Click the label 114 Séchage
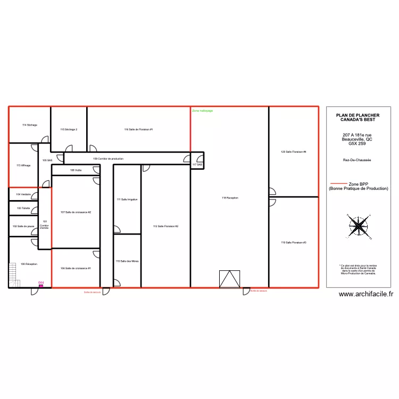click(29, 125)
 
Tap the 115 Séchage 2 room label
click(69, 129)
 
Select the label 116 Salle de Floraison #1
click(138, 129)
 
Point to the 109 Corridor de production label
click(108, 159)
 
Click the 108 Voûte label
click(76, 170)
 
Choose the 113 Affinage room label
click(23, 165)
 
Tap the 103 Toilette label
click(23, 209)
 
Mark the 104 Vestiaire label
click(23, 194)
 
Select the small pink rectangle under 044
click(40, 286)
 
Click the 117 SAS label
click(197, 165)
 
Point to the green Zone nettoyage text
click(202, 111)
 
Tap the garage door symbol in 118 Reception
click(230, 279)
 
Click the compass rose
click(360, 226)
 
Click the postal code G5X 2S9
click(357, 144)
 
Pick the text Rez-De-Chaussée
click(357, 160)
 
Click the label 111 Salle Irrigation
click(127, 199)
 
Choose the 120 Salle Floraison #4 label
click(294, 152)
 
